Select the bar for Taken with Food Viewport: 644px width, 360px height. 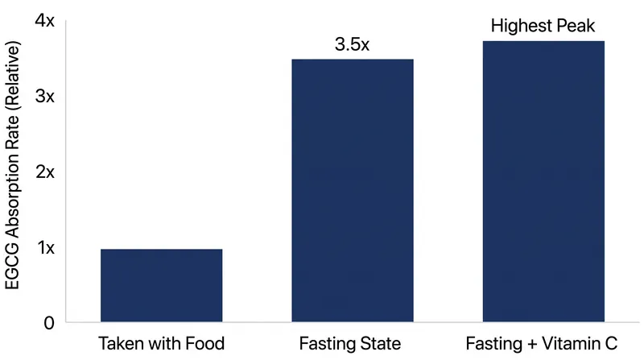pos(162,285)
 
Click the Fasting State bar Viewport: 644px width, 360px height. pos(353,190)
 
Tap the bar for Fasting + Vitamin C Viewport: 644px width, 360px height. pos(543,181)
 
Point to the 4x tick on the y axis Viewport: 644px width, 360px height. pos(45,21)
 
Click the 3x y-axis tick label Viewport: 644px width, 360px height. pos(45,96)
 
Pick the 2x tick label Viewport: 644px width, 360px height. pos(45,172)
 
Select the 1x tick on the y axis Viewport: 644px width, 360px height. pos(46,247)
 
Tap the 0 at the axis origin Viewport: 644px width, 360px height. pos(49,323)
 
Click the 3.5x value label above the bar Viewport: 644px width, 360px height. pos(352,44)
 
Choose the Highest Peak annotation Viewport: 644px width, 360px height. pos(543,26)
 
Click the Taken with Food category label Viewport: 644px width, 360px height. pos(162,343)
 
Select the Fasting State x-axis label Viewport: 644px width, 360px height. pos(350,344)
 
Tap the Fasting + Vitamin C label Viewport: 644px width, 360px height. pos(541,344)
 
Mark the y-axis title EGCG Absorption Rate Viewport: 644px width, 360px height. pos(12,165)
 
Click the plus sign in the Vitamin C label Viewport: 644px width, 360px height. pos(531,344)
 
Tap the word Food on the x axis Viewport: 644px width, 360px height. pos(205,343)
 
